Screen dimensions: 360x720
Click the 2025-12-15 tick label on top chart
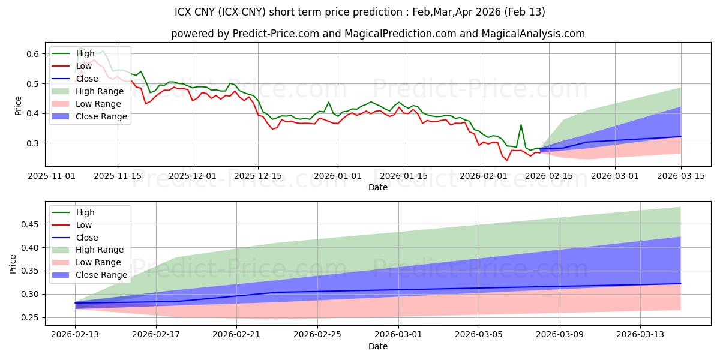(258, 176)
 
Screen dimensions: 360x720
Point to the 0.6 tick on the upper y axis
(33, 54)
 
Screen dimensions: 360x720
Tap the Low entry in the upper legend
(84, 66)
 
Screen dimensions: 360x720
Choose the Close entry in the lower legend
(87, 238)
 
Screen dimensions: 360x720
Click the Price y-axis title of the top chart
(18, 106)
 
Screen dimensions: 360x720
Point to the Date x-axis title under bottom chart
(378, 346)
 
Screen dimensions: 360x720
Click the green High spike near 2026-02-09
(521, 125)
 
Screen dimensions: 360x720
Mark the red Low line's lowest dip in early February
(506, 160)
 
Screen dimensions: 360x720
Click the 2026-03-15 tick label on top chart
(680, 176)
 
